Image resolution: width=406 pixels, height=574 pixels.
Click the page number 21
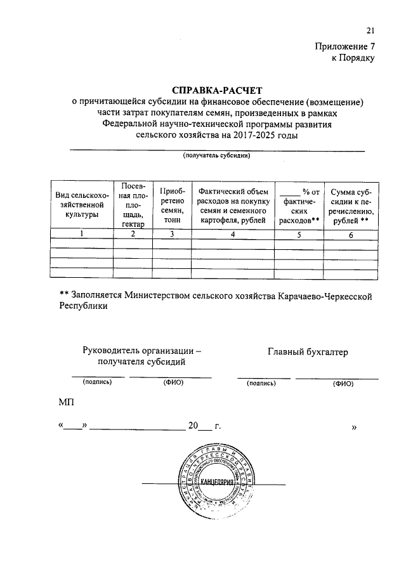[x=370, y=30]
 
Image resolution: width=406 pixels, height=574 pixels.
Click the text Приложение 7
[x=345, y=46]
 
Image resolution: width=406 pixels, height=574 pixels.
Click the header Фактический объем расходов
[x=233, y=205]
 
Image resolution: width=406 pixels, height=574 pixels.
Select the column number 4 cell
[x=233, y=234]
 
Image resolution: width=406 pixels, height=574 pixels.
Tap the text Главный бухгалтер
[x=308, y=352]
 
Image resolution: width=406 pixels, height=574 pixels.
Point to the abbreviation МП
[x=65, y=403]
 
